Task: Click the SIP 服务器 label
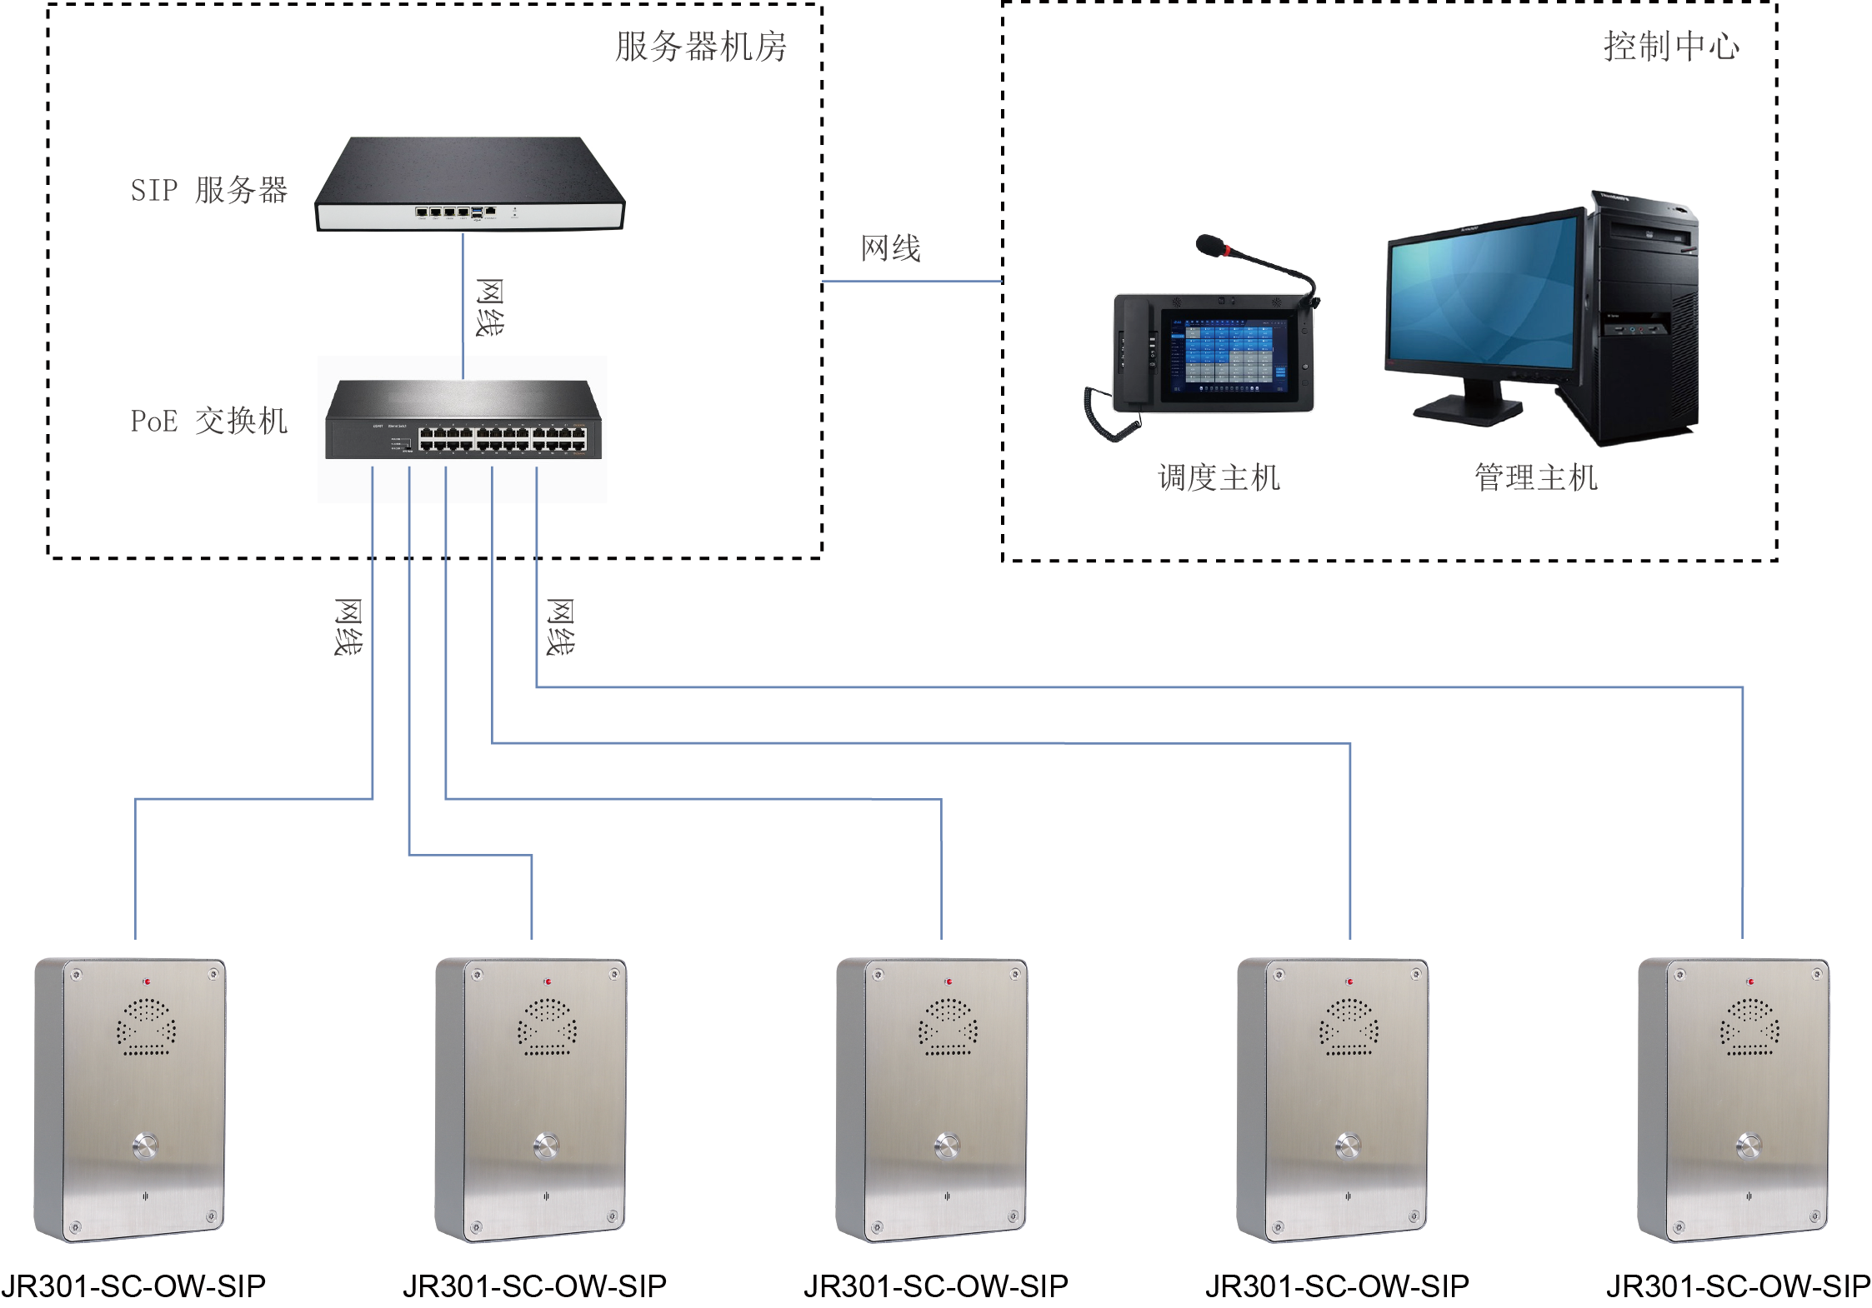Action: point(208,190)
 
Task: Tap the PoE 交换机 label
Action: point(208,421)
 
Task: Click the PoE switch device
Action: point(463,420)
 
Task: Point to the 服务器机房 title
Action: point(700,46)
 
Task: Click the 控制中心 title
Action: point(1671,46)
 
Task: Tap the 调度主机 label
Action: point(1219,478)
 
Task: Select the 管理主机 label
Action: point(1535,478)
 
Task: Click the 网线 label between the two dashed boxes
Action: point(890,248)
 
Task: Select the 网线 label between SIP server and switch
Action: point(490,307)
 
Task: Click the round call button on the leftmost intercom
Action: point(145,1146)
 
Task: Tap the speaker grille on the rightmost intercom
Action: point(1749,1027)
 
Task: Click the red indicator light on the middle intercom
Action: point(949,982)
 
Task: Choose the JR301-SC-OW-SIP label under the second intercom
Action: point(534,1286)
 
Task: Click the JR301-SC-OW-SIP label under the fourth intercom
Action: point(1337,1286)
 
